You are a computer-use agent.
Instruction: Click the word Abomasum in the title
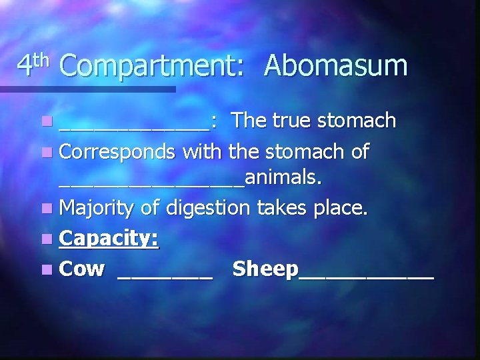click(x=335, y=66)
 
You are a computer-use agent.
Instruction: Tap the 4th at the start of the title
click(x=33, y=65)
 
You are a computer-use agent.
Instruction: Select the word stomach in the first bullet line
click(x=357, y=121)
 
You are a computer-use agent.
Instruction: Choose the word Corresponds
click(x=117, y=152)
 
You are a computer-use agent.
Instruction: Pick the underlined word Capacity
click(x=109, y=239)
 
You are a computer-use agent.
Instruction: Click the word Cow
click(x=82, y=269)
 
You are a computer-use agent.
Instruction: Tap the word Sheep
click(x=266, y=269)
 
